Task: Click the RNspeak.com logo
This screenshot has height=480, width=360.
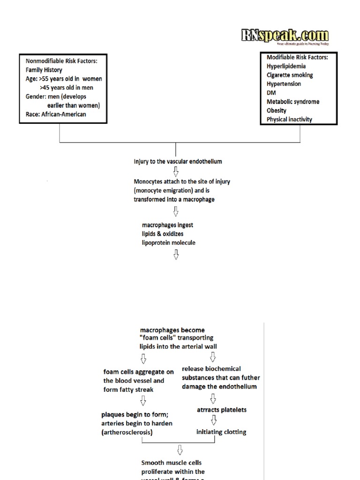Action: pos(285,36)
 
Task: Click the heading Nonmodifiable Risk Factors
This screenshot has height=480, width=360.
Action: pos(65,61)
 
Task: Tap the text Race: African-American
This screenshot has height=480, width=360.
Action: pos(56,114)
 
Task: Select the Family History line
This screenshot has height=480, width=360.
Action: pos(44,70)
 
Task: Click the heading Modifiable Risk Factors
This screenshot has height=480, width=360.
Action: pos(297,57)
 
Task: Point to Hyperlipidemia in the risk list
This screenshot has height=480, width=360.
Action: pos(286,66)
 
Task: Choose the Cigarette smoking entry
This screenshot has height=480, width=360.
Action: pos(290,75)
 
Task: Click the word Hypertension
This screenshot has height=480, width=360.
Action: pos(284,84)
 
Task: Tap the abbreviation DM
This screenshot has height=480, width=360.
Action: pos(271,93)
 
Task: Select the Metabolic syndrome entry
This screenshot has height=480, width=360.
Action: pos(293,102)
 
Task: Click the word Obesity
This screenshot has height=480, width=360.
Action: pos(277,111)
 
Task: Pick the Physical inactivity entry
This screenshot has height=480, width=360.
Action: pos(289,120)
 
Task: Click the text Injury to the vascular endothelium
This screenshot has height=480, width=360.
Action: pos(178,162)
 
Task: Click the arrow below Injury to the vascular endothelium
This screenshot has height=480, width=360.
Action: pos(176,172)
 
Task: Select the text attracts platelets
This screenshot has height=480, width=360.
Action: pos(222,410)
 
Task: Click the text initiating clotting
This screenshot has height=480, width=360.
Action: pos(221,432)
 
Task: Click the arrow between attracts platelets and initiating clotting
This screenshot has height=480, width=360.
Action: pos(214,420)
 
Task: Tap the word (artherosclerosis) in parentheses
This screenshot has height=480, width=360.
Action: pos(127,433)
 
